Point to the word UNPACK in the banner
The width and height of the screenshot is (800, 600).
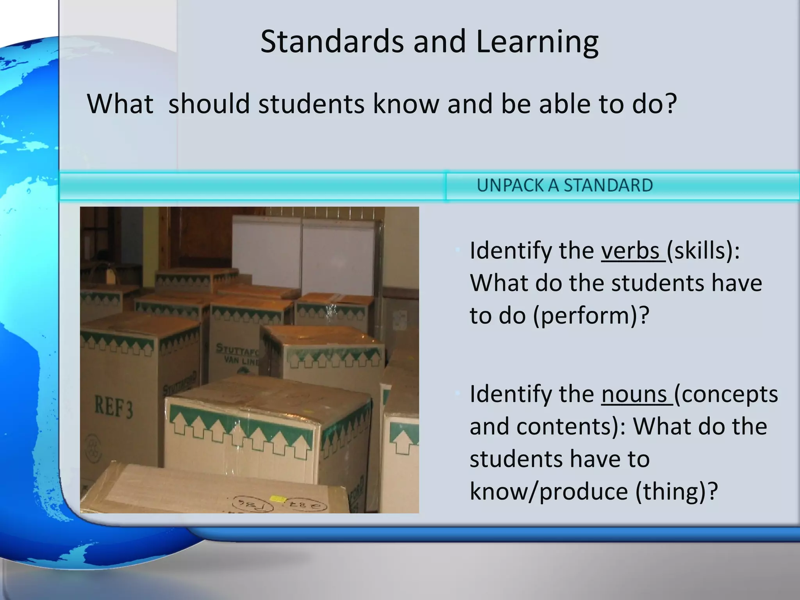pos(510,185)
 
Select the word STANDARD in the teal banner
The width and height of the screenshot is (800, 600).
pos(608,185)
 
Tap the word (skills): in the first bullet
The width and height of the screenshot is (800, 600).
pos(703,251)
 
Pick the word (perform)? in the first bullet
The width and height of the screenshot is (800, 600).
pos(591,316)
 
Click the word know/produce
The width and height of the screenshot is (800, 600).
pos(548,491)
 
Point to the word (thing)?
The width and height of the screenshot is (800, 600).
pos(677,491)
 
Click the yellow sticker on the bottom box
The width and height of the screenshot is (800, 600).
pos(277,499)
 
